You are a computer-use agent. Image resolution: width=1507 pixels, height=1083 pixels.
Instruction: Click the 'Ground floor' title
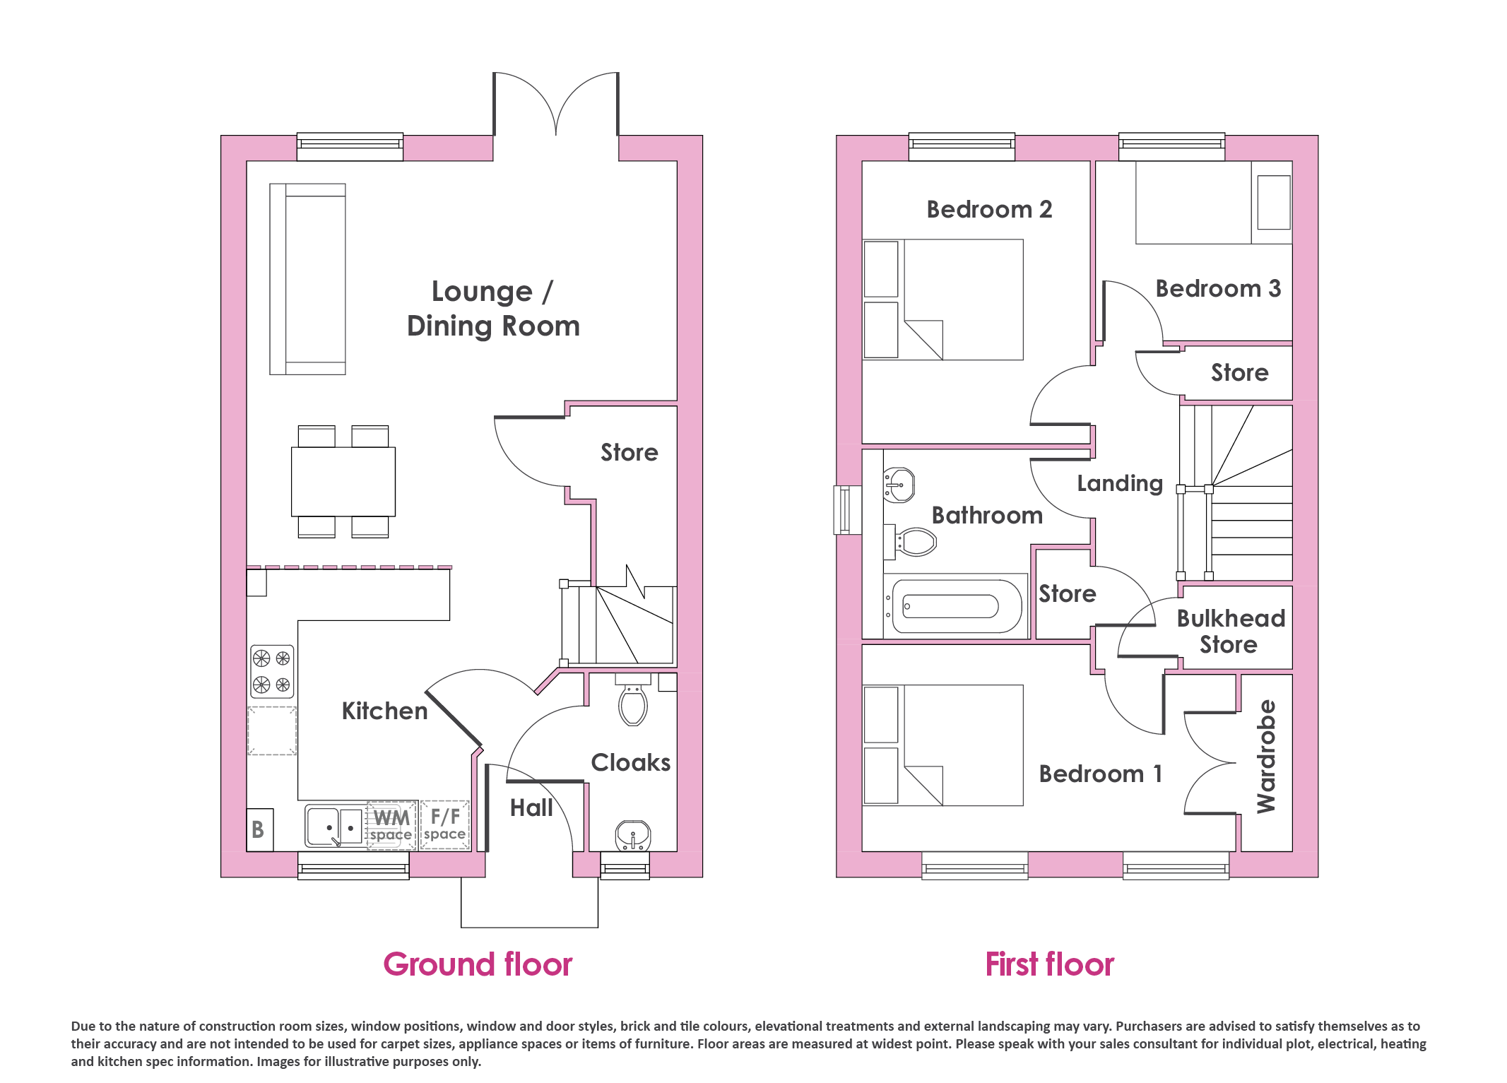478,964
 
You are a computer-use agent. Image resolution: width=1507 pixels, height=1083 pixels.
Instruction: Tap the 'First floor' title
1049,964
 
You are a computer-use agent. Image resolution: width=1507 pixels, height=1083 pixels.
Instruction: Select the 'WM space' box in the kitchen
391,825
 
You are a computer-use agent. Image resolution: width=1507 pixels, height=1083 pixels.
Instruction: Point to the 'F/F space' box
445,825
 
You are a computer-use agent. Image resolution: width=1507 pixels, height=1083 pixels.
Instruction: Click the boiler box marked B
260,829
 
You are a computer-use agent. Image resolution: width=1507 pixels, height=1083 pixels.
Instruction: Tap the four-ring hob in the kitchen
272,671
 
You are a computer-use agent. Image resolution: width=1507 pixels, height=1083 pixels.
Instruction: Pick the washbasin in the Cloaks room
633,836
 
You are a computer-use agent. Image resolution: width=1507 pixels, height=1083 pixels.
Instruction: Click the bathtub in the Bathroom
956,606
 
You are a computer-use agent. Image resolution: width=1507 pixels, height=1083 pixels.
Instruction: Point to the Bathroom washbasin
899,485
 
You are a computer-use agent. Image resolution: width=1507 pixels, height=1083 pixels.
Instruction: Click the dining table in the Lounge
343,482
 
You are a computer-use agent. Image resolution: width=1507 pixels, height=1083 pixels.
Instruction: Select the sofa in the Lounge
308,279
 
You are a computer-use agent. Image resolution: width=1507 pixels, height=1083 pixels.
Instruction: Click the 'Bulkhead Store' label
1231,631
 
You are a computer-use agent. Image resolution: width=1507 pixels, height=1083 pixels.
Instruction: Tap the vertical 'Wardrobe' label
1266,756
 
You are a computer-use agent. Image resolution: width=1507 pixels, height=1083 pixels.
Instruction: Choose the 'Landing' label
1120,483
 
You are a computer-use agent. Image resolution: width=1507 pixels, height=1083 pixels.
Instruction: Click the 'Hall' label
531,807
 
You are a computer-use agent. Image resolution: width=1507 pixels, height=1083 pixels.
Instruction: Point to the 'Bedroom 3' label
1218,288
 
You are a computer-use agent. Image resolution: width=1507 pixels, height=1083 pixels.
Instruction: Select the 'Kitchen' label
385,711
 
